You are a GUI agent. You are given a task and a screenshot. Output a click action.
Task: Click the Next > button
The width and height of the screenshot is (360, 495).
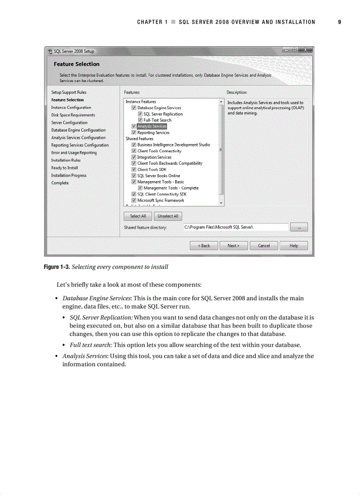233,246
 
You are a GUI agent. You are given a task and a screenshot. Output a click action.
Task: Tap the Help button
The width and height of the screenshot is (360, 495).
293,246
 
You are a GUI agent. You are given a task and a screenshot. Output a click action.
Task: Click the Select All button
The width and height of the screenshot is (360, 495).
138,216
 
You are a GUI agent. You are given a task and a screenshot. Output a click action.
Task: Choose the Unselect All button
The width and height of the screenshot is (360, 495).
168,216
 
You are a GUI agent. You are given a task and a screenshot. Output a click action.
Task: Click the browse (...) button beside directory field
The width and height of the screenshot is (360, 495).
300,227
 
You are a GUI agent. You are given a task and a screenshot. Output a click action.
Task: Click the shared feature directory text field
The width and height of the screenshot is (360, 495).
235,227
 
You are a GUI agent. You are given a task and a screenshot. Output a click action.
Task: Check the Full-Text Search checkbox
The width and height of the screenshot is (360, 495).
140,120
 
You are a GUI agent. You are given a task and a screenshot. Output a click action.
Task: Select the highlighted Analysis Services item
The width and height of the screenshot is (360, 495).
152,126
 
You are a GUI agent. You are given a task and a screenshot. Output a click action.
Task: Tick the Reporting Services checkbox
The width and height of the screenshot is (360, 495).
134,132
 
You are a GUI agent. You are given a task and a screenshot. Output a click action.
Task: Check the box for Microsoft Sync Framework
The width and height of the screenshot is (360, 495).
134,200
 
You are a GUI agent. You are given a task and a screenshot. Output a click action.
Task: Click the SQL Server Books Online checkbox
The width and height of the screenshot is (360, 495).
134,175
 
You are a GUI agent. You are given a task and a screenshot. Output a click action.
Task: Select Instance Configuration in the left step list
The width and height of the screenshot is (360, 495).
71,107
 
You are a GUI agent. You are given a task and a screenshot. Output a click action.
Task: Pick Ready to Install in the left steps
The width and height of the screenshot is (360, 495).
64,167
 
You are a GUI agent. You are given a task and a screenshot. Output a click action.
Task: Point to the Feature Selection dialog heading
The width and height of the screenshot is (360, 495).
76,64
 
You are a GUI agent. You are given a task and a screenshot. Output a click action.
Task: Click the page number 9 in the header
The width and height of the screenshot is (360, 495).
339,22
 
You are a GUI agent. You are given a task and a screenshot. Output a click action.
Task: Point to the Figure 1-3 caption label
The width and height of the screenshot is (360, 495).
56,267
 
